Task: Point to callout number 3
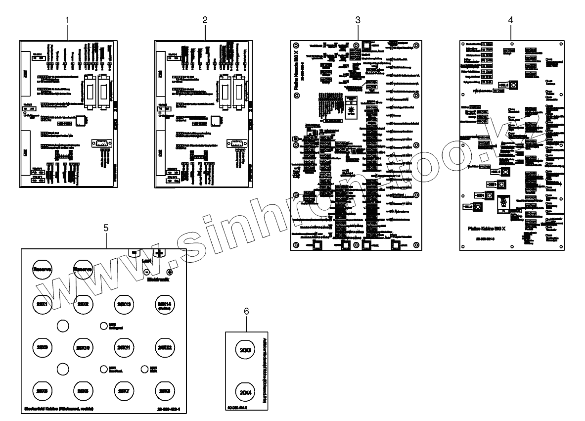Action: (x=358, y=20)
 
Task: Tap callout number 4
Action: (x=510, y=20)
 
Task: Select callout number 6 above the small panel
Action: (x=246, y=311)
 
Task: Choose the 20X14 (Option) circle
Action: (x=164, y=305)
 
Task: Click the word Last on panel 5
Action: (x=146, y=261)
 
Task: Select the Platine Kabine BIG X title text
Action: (x=489, y=229)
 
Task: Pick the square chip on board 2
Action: (x=216, y=121)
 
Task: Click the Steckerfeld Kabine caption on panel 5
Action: (x=59, y=409)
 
